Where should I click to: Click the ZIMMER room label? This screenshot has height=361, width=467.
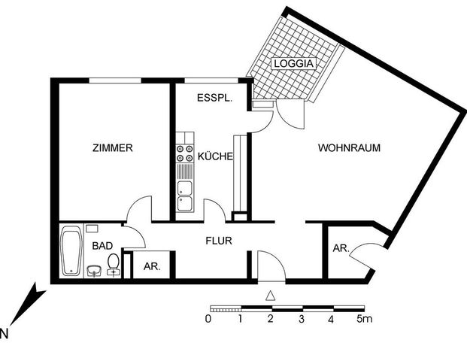point(114,148)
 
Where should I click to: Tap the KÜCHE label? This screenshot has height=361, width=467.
point(214,157)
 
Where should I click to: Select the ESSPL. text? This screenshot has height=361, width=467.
point(215,99)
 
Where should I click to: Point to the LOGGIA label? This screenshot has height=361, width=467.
point(294,65)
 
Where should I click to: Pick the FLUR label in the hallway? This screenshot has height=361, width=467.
point(219,241)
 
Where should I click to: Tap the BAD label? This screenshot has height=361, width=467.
point(102,246)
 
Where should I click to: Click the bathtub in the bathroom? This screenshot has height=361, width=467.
point(71,251)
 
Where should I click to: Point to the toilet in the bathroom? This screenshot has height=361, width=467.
point(114,264)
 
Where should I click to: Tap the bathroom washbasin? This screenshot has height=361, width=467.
point(94,271)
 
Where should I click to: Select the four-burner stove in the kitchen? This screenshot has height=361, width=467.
point(184,154)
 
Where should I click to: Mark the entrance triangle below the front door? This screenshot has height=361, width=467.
point(271,295)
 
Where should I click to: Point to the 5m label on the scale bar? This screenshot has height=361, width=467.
point(365,320)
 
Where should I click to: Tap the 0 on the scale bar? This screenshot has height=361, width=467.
point(208,320)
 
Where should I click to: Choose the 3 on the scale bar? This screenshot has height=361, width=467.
point(301,320)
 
